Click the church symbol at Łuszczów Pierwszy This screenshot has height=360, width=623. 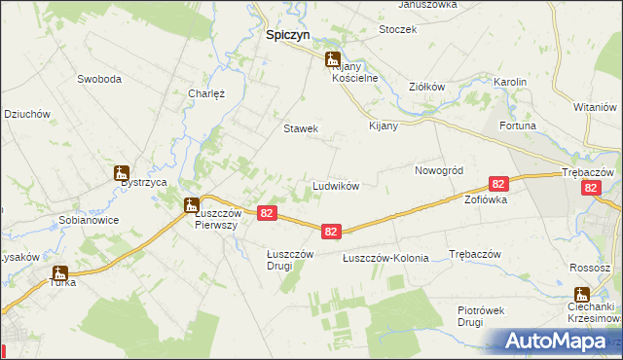coord(191,205)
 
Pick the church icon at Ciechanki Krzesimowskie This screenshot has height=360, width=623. coord(582,295)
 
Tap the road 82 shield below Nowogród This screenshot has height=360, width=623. coord(498,184)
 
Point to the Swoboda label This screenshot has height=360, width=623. coord(99,78)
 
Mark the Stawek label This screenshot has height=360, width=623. coord(301,128)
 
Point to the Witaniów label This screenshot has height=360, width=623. coord(597,106)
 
